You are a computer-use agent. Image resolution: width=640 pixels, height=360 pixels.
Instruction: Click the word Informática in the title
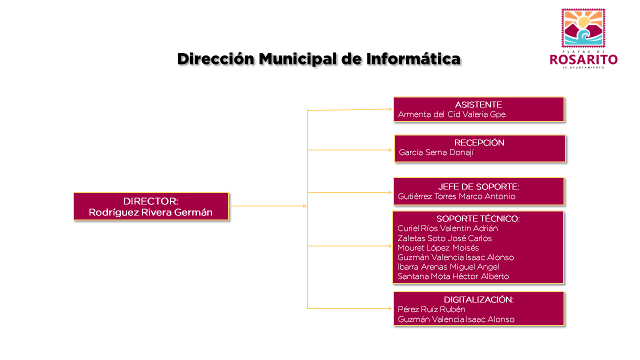413,59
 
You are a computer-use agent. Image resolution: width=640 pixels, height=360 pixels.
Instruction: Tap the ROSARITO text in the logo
583,59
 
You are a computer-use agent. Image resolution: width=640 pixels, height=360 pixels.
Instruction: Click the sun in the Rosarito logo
583,22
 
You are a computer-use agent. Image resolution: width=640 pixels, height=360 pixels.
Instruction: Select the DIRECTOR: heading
151,201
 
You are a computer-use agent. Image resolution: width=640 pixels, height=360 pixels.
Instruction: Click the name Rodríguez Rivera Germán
150,212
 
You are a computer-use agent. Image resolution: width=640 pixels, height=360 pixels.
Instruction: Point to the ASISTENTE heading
478,104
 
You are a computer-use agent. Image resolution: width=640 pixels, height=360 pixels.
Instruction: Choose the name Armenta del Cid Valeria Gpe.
452,114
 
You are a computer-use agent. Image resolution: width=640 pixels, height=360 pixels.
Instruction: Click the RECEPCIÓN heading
479,142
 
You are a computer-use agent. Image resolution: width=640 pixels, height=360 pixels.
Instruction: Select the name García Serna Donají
436,152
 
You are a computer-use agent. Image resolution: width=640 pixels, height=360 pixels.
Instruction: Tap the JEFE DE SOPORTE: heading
478,186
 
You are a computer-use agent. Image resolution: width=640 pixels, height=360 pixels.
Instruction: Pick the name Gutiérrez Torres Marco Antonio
456,196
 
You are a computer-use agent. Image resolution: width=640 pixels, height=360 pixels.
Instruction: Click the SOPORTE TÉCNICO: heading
478,218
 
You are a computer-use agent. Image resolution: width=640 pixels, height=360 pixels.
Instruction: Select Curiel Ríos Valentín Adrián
447,228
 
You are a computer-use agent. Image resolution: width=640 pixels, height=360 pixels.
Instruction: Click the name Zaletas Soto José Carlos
444,238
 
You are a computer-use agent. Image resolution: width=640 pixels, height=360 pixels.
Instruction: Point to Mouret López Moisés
438,247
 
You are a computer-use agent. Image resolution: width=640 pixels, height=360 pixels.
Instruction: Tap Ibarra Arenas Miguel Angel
448,267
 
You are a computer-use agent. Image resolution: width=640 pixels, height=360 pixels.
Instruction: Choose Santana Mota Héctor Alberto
453,276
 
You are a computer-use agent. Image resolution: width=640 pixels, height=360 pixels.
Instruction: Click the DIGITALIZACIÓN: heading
478,299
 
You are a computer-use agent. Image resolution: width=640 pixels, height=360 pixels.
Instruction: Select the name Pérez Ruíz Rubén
431,309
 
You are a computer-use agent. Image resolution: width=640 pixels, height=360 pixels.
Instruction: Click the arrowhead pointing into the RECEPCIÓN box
390,150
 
